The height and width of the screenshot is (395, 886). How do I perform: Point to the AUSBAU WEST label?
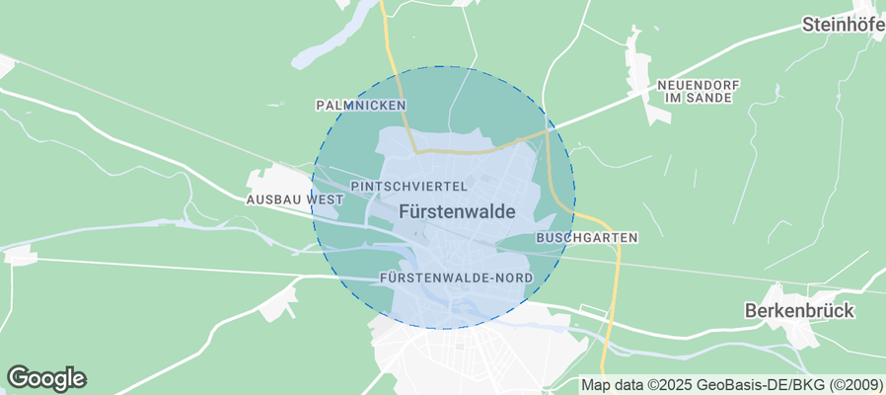[293, 199]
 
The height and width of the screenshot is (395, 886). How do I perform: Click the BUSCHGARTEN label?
[586, 238]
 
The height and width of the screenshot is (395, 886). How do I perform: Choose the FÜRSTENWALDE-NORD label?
[456, 278]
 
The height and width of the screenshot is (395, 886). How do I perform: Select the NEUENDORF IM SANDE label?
[698, 92]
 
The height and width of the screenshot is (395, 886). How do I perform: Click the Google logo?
[46, 377]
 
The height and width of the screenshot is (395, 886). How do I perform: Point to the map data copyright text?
[731, 385]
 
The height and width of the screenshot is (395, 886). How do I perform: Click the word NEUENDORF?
[698, 85]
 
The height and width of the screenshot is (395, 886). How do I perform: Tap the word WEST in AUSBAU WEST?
[325, 199]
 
